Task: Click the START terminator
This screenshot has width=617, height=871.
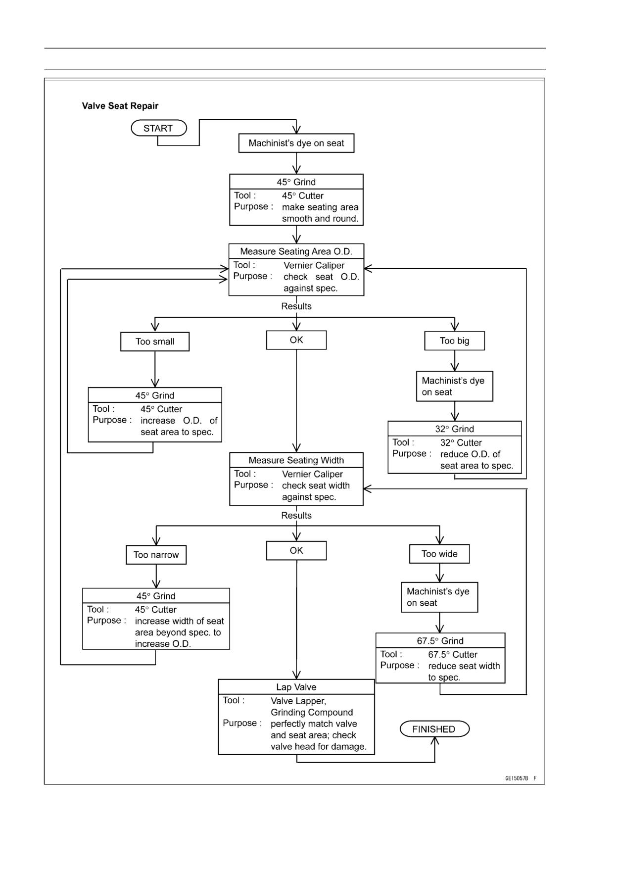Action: [159, 128]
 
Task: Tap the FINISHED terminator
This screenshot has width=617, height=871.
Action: [434, 729]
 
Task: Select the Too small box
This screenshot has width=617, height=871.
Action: [155, 341]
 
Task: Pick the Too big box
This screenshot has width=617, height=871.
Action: [454, 340]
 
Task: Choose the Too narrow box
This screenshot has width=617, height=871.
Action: [156, 555]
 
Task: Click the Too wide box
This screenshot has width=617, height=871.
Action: [439, 554]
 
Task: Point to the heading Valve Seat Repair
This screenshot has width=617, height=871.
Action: [120, 106]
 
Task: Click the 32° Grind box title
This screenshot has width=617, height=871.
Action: [455, 429]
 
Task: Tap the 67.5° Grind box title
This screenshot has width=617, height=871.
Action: [440, 641]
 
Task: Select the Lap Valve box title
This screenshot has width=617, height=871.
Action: [296, 687]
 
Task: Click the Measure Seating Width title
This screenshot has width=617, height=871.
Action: [296, 460]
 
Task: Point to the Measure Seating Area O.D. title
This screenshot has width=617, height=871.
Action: [296, 251]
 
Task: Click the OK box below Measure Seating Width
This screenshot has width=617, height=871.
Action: [296, 550]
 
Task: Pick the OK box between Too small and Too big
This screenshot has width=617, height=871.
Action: [296, 340]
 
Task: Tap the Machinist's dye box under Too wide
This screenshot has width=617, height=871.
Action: [439, 597]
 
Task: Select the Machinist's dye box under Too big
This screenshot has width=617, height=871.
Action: [455, 386]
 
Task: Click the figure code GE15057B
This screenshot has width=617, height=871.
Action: [517, 778]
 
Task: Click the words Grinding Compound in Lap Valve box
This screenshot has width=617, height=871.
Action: [312, 713]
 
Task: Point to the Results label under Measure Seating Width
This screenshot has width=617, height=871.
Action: [296, 516]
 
